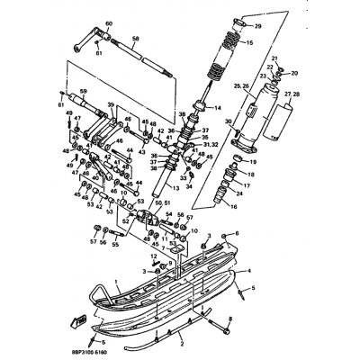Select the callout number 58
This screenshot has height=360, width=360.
coord(135,39)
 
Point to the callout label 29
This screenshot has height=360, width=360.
coord(256,27)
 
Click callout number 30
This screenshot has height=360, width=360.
coord(228,122)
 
